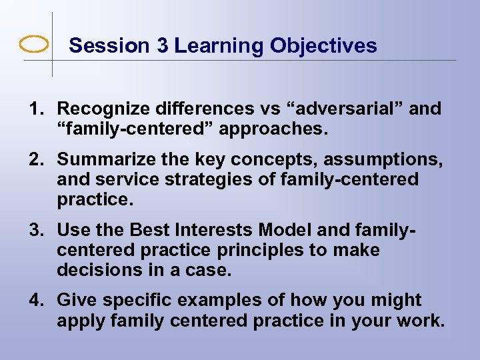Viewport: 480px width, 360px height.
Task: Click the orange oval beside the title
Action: tap(34, 45)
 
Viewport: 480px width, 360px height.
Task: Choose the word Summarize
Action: tap(99, 159)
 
